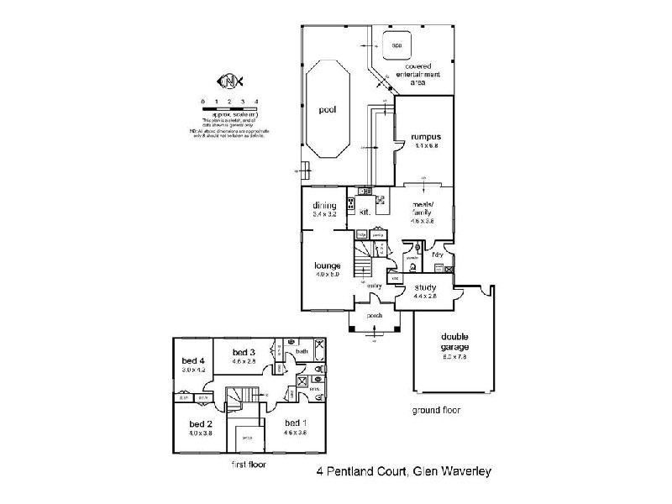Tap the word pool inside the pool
[x=327, y=110]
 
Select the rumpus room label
[x=426, y=137]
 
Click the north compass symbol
[x=229, y=81]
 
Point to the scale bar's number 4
[x=244, y=102]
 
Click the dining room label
[x=324, y=206]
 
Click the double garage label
[x=454, y=341]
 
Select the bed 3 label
[x=244, y=351]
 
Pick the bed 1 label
[x=294, y=423]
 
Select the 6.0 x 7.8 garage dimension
[x=454, y=356]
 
